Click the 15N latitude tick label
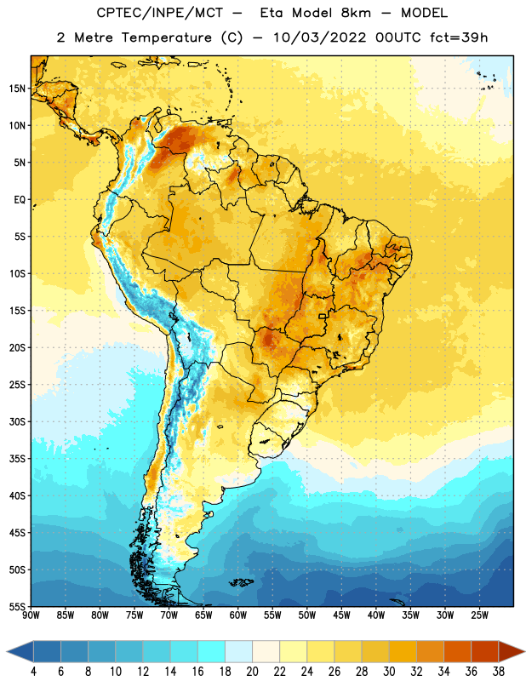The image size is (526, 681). click(17, 89)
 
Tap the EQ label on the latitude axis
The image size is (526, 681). click(20, 200)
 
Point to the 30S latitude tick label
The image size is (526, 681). click(17, 421)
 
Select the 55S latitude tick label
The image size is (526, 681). click(17, 607)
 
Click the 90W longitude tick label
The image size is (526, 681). click(31, 615)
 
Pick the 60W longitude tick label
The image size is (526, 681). click(238, 615)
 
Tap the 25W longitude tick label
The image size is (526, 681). click(479, 615)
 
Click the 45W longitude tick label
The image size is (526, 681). click(341, 615)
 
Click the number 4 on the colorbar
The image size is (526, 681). click(33, 672)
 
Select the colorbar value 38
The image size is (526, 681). click(499, 672)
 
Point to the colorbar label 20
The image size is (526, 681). click(252, 672)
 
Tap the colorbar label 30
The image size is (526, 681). click(389, 672)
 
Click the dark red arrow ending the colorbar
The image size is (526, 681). click(511, 651)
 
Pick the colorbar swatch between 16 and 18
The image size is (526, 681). click(211, 651)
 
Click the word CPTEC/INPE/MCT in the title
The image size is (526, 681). click(159, 13)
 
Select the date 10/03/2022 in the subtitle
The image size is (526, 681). click(320, 37)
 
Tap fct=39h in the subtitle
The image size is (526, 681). click(459, 37)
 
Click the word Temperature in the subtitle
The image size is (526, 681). click(166, 37)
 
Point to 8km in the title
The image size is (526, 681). click(356, 13)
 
